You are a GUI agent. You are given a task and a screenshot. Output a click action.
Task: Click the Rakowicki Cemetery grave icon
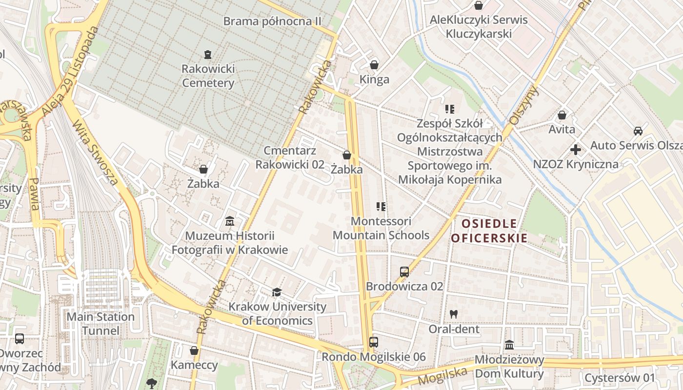tap(208, 54)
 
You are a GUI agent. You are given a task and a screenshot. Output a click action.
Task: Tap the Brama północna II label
tap(273, 21)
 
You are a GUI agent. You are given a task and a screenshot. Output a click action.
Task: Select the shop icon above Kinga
tap(374, 65)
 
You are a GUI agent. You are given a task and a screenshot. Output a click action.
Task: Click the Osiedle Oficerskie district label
tap(489, 231)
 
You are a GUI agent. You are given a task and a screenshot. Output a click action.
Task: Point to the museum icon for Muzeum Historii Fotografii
tap(230, 222)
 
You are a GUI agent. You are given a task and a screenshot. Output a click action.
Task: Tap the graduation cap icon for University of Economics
tap(277, 292)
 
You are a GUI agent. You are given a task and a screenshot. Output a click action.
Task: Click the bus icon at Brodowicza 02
tap(404, 272)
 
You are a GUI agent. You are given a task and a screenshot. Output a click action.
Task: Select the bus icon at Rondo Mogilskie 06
tap(374, 342)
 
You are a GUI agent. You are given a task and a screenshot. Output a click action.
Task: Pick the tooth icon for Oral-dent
tap(454, 314)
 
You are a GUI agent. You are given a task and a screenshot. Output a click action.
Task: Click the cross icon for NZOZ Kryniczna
tap(576, 150)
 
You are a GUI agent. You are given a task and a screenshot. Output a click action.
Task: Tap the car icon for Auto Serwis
tap(638, 131)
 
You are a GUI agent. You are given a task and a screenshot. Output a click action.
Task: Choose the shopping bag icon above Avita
tap(562, 116)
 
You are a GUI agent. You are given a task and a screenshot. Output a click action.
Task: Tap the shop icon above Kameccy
tap(194, 351)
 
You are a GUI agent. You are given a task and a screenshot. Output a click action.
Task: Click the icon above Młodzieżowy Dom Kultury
tap(509, 345)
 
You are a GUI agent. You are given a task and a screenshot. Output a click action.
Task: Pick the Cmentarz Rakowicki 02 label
tap(290, 157)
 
